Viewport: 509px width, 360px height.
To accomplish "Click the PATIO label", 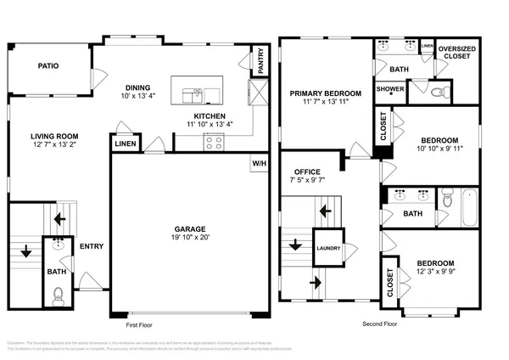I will click(x=48, y=65).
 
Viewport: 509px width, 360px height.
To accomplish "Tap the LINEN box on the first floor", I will click(x=123, y=146).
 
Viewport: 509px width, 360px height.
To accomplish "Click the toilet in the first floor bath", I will click(x=58, y=295).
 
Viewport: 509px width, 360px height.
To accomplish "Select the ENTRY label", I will click(x=92, y=247).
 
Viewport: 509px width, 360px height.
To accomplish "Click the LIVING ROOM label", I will click(x=55, y=135).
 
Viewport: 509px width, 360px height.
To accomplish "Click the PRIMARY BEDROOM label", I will click(x=326, y=93).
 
